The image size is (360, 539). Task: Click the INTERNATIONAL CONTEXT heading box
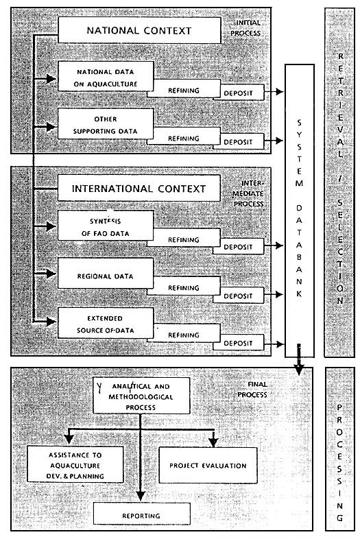pos(139,187)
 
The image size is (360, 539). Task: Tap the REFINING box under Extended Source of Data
pos(183,335)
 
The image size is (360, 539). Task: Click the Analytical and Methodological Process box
pos(141,395)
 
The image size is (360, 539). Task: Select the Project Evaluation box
pos(208,466)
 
